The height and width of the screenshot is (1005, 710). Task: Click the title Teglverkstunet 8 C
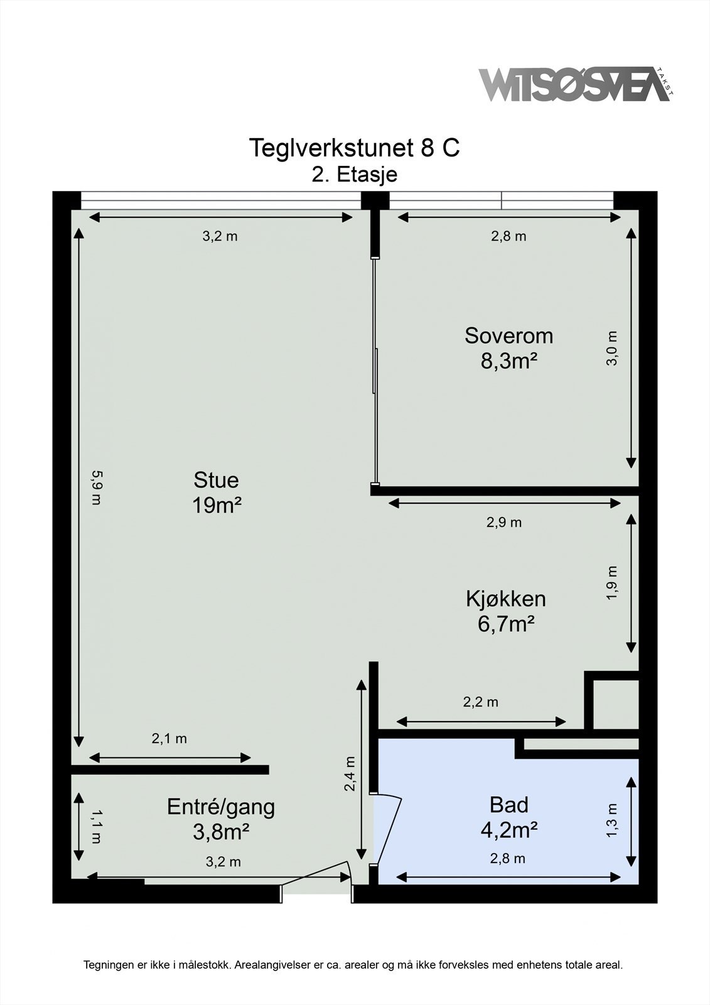(x=354, y=148)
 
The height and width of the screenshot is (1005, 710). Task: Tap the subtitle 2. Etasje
(x=355, y=174)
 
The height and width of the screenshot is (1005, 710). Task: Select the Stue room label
(x=216, y=480)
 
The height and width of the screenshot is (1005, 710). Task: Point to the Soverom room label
(x=508, y=335)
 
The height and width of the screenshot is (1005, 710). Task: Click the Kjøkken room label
(x=506, y=599)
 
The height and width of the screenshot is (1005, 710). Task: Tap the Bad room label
(x=508, y=805)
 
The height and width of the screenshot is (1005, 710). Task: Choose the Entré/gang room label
(x=221, y=808)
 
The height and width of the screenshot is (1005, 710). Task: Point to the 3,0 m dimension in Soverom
(x=612, y=348)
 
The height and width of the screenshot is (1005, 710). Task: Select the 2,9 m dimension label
(x=504, y=523)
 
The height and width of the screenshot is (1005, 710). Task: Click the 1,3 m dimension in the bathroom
(x=612, y=820)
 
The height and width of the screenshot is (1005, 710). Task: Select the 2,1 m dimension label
(x=169, y=739)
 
